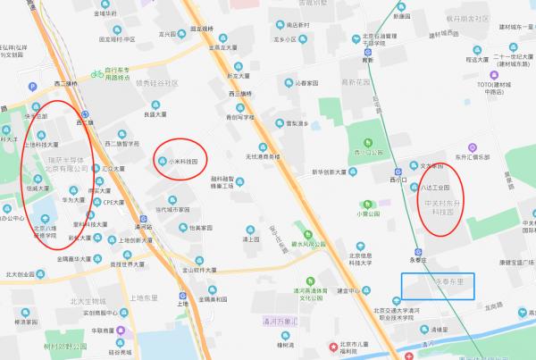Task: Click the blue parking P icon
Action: [x=34, y=88]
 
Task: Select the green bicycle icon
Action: [x=95, y=76]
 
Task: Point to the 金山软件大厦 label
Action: [x=195, y=269]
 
